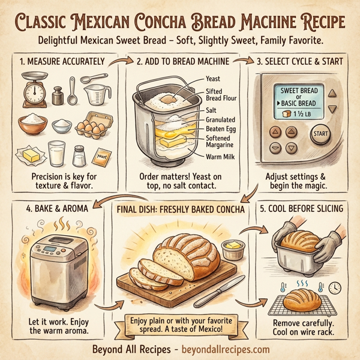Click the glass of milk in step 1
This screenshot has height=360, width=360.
coord(58,154)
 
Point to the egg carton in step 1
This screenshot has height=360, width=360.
coord(94,124)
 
